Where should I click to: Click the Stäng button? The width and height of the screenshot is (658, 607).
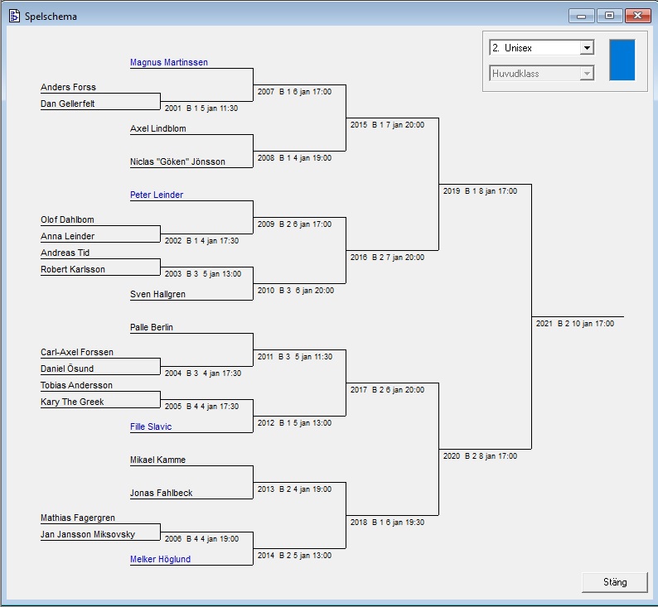point(615,582)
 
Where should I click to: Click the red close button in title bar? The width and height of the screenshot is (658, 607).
point(636,16)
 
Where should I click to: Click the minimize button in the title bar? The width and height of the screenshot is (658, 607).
point(581,16)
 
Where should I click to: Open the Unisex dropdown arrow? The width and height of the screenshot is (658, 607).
point(587,48)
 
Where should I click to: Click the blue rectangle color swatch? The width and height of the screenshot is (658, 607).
point(622,60)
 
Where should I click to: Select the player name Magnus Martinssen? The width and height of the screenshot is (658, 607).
point(169,62)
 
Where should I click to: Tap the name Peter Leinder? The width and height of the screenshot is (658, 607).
point(157,195)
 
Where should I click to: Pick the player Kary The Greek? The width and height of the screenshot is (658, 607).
point(72,402)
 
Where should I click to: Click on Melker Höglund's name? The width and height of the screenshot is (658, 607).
point(160,559)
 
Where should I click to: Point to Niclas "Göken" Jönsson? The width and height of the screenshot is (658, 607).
point(177,161)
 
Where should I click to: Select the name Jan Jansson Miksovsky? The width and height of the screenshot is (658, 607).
point(88,534)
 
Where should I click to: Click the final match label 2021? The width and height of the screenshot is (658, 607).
point(574,324)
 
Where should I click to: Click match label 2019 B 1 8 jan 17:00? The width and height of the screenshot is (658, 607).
point(480,191)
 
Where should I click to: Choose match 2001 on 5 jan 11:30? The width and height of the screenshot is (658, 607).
point(201,108)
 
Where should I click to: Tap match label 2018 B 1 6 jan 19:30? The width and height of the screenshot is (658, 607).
point(387,523)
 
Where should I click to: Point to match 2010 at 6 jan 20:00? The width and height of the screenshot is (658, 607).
point(296,291)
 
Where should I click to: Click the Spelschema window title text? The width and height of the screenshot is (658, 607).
point(51,16)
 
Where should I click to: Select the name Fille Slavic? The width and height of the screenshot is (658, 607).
point(151,426)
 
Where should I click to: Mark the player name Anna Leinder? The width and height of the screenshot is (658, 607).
point(67,236)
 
